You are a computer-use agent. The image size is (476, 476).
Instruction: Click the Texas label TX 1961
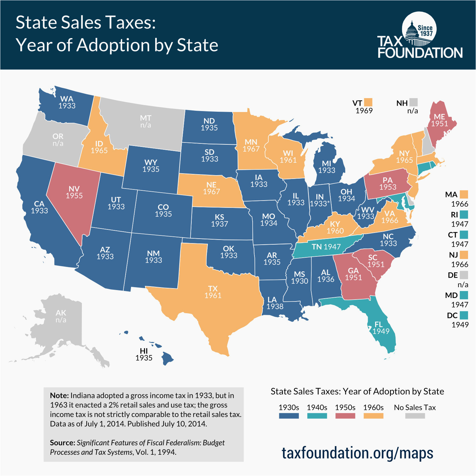pyautogui.click(x=213, y=292)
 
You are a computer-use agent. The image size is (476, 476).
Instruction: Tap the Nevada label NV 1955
pyautogui.click(x=74, y=192)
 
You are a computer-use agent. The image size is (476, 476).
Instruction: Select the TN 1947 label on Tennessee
pyautogui.click(x=326, y=247)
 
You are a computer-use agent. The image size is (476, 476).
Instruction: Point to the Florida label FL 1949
pyautogui.click(x=380, y=328)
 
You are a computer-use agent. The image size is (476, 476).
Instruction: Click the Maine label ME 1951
pyautogui.click(x=439, y=120)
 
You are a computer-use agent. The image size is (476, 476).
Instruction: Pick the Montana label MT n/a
pyautogui.click(x=146, y=122)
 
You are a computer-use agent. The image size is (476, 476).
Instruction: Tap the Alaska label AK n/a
pyautogui.click(x=61, y=316)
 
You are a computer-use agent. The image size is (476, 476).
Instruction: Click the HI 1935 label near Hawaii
pyautogui.click(x=144, y=354)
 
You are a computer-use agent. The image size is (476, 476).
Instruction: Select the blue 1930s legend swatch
pyautogui.click(x=289, y=416)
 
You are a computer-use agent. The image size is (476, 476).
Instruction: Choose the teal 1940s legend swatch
pyautogui.click(x=317, y=416)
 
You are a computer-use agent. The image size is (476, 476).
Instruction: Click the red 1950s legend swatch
pyautogui.click(x=345, y=416)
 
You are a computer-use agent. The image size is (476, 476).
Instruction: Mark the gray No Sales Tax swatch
pyautogui.click(x=415, y=416)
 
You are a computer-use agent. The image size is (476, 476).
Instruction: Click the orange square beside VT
pyautogui.click(x=368, y=102)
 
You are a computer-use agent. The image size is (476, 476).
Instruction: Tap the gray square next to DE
pyautogui.click(x=464, y=275)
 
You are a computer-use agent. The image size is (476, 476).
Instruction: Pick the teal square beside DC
pyautogui.click(x=464, y=315)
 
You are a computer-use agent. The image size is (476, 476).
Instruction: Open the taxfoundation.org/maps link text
pyautogui.click(x=357, y=453)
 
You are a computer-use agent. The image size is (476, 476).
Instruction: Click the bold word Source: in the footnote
pyautogui.click(x=63, y=443)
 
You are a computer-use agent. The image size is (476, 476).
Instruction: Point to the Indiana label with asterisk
pyautogui.click(x=320, y=201)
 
